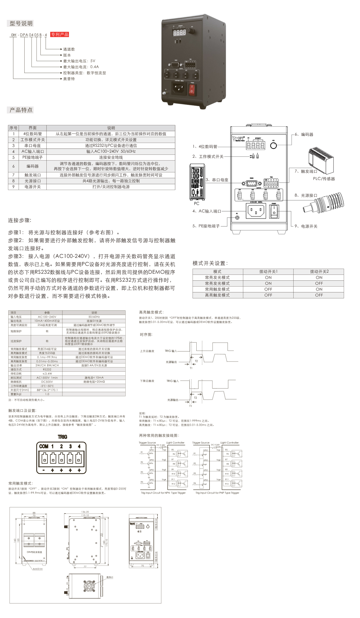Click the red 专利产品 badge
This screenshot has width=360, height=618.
(x=60, y=34)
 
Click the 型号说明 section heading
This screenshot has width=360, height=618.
(x=21, y=23)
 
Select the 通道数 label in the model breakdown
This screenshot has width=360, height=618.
(x=69, y=49)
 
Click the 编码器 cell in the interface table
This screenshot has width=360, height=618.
(x=33, y=166)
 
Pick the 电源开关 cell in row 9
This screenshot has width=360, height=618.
(x=33, y=187)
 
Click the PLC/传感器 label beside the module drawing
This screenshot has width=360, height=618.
(x=324, y=179)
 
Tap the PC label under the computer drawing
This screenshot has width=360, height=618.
(x=197, y=203)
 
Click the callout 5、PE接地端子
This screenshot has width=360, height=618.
(x=206, y=226)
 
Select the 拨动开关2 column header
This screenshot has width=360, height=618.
(x=319, y=272)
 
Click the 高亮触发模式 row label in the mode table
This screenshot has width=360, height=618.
(x=217, y=295)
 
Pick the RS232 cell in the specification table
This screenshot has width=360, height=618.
(x=47, y=370)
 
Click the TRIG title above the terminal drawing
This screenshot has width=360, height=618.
(x=62, y=437)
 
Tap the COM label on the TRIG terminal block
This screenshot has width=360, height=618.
(x=43, y=446)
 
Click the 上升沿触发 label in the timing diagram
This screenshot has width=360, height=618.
(x=147, y=351)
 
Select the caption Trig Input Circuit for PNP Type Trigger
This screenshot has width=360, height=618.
(x=217, y=493)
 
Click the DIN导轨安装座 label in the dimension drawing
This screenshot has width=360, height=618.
(x=34, y=552)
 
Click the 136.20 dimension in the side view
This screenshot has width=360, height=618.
(x=85, y=512)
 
